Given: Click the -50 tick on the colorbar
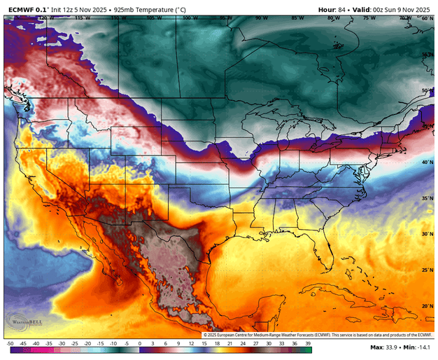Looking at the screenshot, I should pyautogui.click(x=10, y=344).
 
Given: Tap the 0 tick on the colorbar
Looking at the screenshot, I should pyautogui.click(x=140, y=344).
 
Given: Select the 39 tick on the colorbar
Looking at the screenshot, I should pyautogui.click(x=307, y=344).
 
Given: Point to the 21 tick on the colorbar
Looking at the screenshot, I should pyautogui.click(x=230, y=344).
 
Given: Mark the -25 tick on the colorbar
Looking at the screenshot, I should pyautogui.click(x=75, y=344).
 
